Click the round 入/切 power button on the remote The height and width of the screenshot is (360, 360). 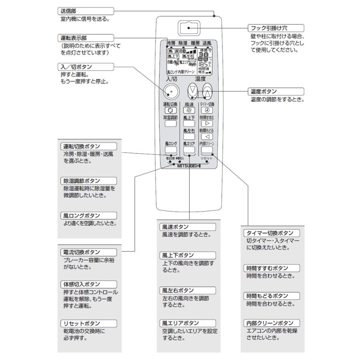171,92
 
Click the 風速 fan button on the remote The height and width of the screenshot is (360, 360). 189,110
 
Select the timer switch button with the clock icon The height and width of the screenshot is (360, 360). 206,110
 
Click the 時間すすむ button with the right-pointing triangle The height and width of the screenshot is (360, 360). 206,124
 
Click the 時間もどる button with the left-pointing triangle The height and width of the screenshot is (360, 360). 206,137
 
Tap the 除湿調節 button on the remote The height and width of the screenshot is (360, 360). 171,124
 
